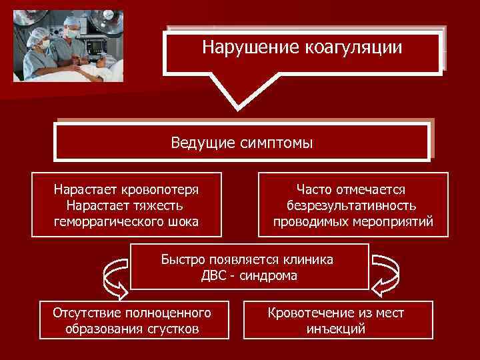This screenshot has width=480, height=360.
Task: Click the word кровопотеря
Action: [x=165, y=189]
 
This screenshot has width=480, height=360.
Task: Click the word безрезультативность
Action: [x=353, y=205]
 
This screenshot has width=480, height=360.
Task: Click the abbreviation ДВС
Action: [x=215, y=275]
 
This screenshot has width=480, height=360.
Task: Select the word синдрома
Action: [x=270, y=275]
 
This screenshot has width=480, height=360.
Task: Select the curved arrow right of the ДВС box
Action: [x=385, y=274]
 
